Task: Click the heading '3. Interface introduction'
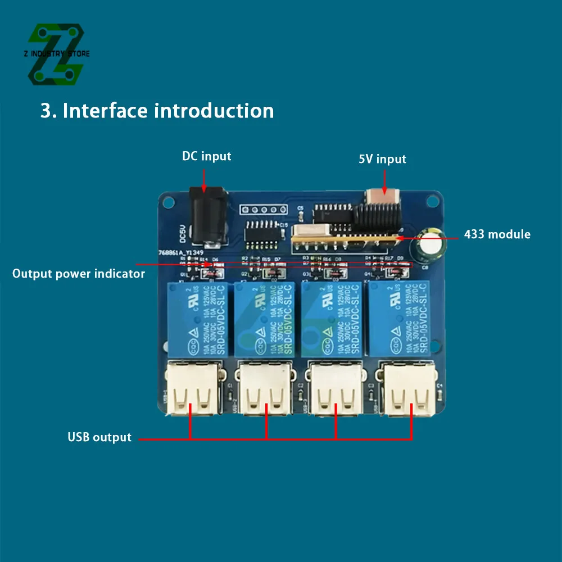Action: [157, 110]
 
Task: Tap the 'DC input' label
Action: [206, 156]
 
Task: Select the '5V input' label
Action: [382, 159]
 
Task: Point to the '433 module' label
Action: [497, 234]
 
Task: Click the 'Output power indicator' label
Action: [79, 274]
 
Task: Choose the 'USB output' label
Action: [99, 437]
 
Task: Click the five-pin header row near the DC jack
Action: [259, 210]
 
